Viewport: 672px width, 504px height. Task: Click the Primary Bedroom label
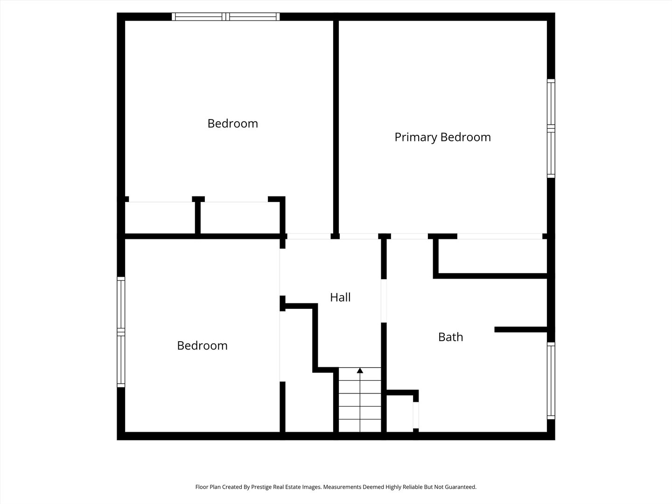(x=442, y=137)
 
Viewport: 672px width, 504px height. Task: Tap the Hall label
(x=340, y=297)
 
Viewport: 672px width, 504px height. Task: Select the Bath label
(x=450, y=337)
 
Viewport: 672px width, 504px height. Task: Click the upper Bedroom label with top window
(x=233, y=124)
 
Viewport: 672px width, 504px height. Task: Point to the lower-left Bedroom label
(x=202, y=345)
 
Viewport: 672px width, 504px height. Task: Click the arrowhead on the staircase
(x=360, y=371)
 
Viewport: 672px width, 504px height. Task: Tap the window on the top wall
(x=225, y=16)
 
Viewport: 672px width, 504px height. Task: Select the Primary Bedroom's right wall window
(x=551, y=128)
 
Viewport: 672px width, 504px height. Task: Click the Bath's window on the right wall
(x=551, y=381)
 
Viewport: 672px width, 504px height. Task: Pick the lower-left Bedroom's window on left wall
(x=121, y=332)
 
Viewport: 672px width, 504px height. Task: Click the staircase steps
(x=360, y=400)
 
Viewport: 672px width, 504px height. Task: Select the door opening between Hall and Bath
(x=384, y=301)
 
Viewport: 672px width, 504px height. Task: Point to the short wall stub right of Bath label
(x=521, y=329)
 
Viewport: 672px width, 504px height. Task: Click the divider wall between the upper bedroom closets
(x=198, y=215)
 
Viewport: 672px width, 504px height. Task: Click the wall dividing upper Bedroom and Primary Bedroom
(x=336, y=127)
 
